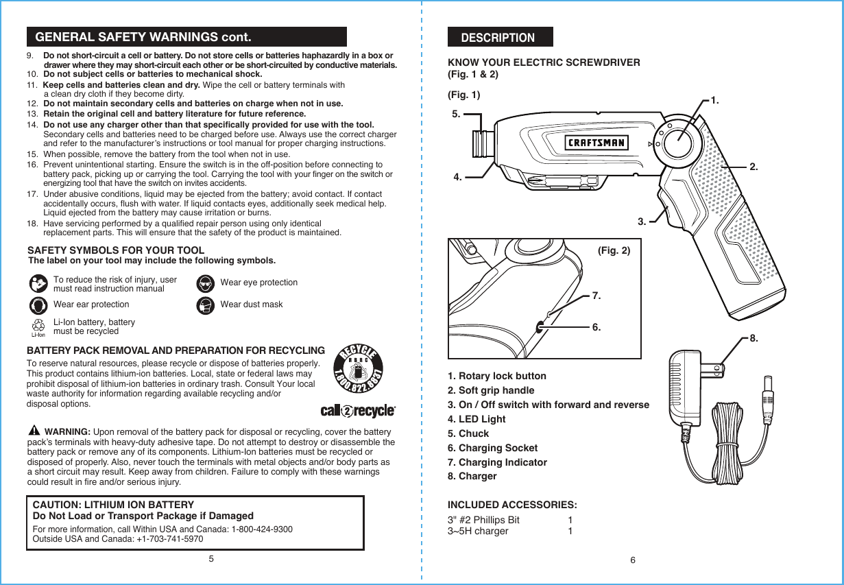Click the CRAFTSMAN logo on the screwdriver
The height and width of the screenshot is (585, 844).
pyautogui.click(x=596, y=143)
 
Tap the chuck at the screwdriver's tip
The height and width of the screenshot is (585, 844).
pyautogui.click(x=482, y=144)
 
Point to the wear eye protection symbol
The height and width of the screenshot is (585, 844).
pyautogui.click(x=204, y=283)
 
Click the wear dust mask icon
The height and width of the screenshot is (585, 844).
pyautogui.click(x=204, y=305)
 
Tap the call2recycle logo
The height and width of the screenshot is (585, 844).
pyautogui.click(x=358, y=411)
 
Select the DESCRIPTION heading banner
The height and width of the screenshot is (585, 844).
pyautogui.click(x=500, y=37)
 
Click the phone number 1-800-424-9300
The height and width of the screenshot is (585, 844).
pyautogui.click(x=263, y=529)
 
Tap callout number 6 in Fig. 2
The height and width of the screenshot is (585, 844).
pyautogui.click(x=596, y=328)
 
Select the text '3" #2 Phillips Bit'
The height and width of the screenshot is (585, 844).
pyautogui.click(x=483, y=520)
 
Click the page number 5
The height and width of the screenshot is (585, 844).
pyautogui.click(x=211, y=558)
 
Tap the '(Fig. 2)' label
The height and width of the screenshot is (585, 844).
pyautogui.click(x=614, y=251)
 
